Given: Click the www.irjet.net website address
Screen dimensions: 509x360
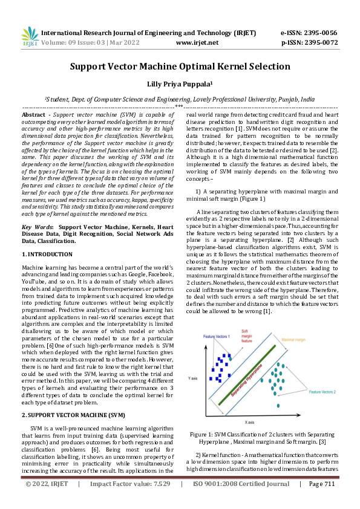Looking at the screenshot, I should pyautogui.click(x=197, y=43).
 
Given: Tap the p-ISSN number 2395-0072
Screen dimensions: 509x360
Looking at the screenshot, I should pyautogui.click(x=317, y=43).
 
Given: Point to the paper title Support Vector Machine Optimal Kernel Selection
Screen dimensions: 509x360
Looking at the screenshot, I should pyautogui.click(x=180, y=66).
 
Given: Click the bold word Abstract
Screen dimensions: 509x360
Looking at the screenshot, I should pyautogui.click(x=33, y=114).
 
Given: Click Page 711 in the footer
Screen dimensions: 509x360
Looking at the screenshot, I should pyautogui.click(x=321, y=501).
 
